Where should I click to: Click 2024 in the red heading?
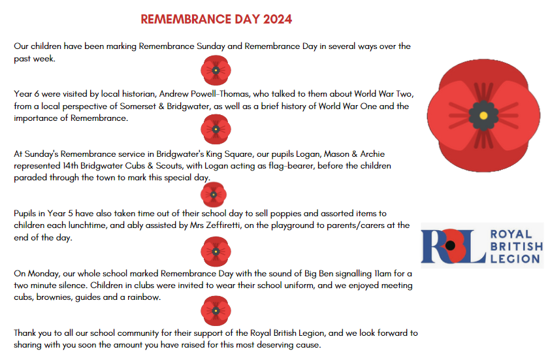[x=278, y=19]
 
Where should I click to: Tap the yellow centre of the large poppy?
[x=483, y=115]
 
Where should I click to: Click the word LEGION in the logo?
[x=516, y=259]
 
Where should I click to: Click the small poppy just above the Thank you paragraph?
[x=216, y=310]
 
